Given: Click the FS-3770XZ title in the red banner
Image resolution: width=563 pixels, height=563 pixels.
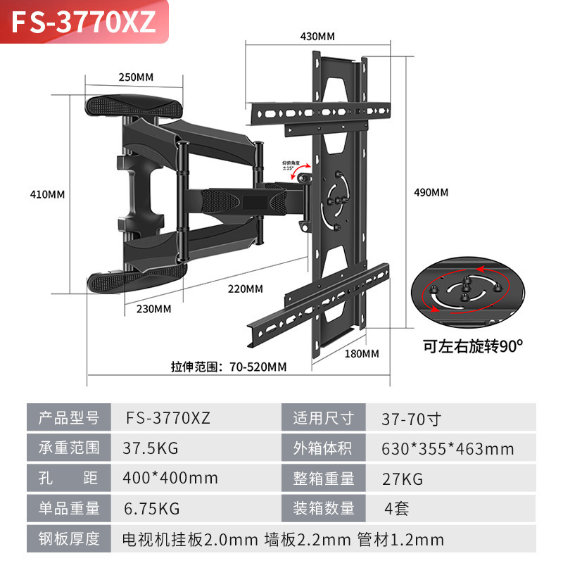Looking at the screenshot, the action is (83, 22).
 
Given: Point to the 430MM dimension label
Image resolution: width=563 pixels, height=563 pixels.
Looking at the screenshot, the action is (317, 36).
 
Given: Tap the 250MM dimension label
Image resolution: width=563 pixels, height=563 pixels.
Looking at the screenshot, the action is (135, 77).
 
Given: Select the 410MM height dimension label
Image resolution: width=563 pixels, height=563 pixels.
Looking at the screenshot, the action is (46, 194).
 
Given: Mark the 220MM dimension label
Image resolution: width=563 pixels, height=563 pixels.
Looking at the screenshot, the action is (245, 289).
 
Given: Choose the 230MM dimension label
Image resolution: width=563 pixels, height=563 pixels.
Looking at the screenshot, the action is (153, 308).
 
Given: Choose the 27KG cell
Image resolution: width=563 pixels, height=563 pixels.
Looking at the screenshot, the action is (402, 479).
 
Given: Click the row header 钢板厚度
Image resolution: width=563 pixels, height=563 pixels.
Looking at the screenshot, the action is (69, 540).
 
